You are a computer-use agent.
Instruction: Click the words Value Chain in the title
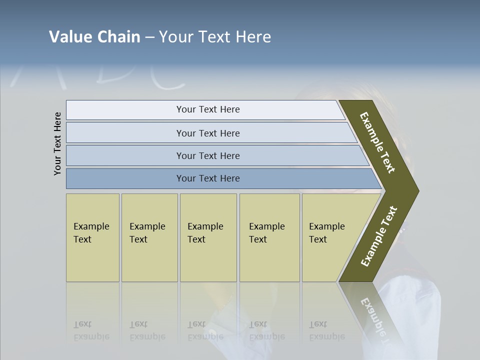tap(94, 37)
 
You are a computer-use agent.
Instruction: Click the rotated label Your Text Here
tap(58, 143)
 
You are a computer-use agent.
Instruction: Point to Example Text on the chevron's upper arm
tap(377, 142)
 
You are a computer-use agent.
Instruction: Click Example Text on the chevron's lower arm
tap(379, 236)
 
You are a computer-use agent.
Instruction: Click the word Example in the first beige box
tap(91, 226)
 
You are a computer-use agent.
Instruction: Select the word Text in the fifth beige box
tap(318, 239)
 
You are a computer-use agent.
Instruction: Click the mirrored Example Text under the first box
tap(91, 331)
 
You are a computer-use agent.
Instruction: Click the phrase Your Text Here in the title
tap(215, 37)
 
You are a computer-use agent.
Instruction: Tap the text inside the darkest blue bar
tap(208, 178)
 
